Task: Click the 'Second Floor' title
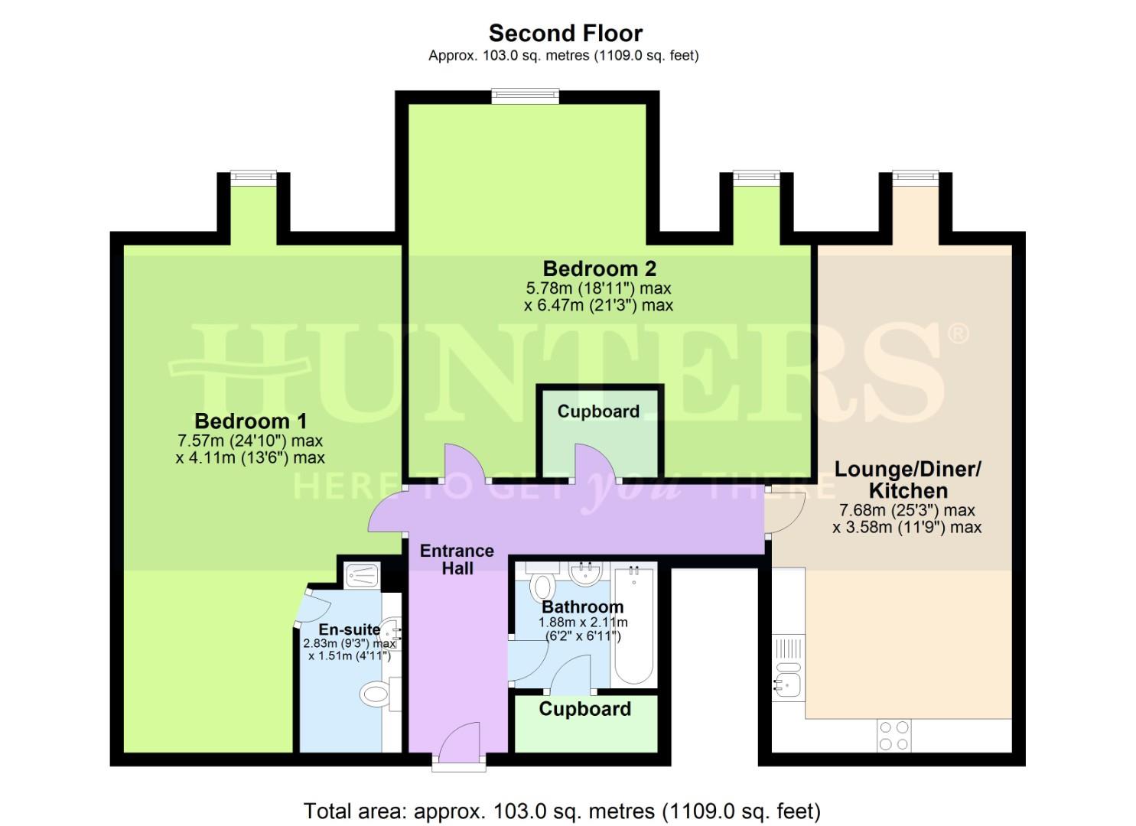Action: point(565,33)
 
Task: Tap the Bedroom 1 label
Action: point(250,421)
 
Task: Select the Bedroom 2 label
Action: point(599,268)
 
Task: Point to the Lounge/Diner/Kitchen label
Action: point(907,480)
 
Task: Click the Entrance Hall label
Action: point(457,559)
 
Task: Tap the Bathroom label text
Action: point(582,607)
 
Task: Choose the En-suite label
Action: point(349,629)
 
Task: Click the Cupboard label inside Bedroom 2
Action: point(597,411)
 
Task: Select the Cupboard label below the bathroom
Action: point(584,709)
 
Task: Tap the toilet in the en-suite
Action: point(376,694)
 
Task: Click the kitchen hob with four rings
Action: point(894,735)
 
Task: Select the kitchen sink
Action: point(786,683)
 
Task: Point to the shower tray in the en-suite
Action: point(358,574)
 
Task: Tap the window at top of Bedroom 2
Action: point(525,96)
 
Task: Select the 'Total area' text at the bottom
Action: point(561,811)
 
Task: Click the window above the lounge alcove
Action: point(915,177)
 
